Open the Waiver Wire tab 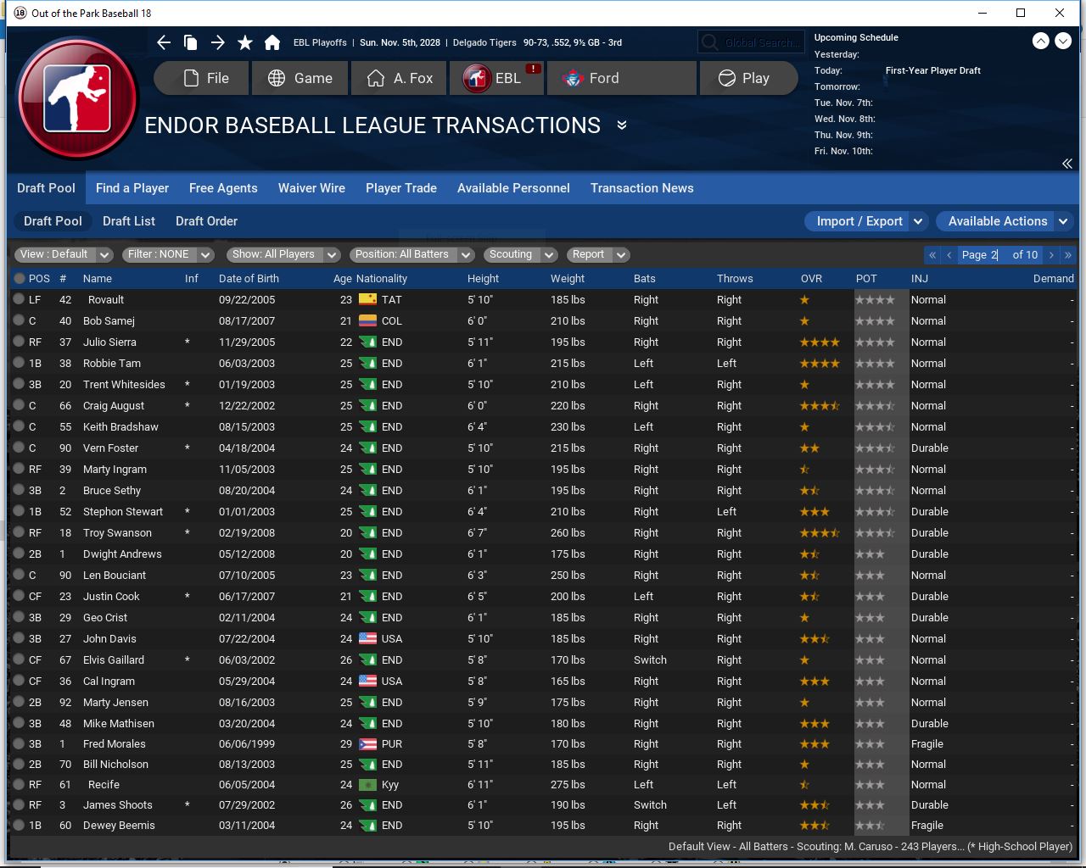(311, 188)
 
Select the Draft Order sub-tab (206, 221)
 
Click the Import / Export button (859, 221)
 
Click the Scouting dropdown (519, 254)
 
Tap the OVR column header (811, 278)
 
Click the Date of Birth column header (248, 278)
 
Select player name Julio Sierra (109, 342)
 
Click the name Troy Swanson (117, 533)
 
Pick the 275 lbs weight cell (567, 785)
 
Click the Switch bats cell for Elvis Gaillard (650, 660)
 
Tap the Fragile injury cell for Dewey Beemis (926, 826)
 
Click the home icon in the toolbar (272, 42)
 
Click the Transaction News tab (641, 188)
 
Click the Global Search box (749, 42)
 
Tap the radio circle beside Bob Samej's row (19, 321)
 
